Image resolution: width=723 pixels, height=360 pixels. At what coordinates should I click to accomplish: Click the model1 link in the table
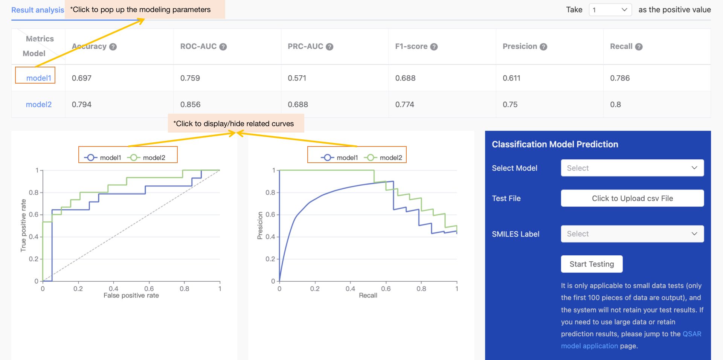[x=38, y=78]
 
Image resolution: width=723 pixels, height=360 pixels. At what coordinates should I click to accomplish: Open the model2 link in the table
[x=38, y=104]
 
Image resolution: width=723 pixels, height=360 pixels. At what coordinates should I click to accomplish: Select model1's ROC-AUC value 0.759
[x=190, y=78]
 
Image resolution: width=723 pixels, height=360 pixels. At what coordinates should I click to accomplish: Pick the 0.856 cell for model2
[x=190, y=104]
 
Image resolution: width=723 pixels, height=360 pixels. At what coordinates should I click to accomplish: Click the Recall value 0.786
[x=620, y=78]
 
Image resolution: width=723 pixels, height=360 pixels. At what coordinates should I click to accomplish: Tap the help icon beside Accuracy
[x=113, y=47]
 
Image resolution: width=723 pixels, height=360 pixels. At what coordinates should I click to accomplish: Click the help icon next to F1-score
[x=434, y=47]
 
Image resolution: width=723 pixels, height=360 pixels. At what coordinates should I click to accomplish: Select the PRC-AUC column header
[x=305, y=46]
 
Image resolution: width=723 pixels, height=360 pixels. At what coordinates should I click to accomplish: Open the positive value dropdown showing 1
[x=610, y=10]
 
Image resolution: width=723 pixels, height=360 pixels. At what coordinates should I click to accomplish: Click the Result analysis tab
[x=37, y=10]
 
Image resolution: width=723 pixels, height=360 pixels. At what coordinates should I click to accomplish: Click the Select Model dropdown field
[x=632, y=168]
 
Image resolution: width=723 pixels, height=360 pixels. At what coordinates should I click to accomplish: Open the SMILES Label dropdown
[x=632, y=234]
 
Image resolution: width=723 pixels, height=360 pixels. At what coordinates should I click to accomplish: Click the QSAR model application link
[x=691, y=334]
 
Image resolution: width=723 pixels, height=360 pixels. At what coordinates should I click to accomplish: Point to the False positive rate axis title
[x=131, y=296]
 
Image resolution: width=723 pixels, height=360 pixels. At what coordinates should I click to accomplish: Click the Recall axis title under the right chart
[x=368, y=296]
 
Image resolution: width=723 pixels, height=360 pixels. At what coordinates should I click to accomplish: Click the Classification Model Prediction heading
[x=555, y=144]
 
